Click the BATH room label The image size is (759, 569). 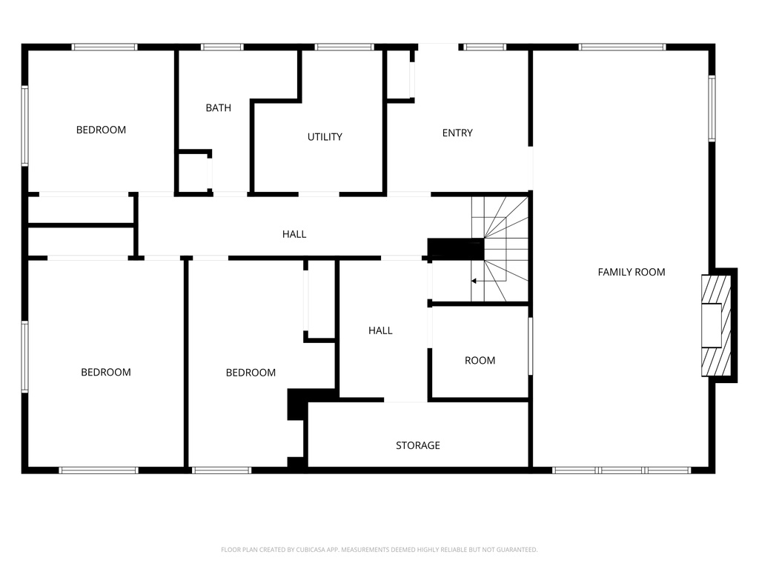coord(218,108)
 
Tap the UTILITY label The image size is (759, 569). coord(325,137)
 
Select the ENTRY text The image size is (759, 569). coord(457,133)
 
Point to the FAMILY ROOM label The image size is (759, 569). coord(632,272)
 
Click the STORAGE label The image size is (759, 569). coord(417,445)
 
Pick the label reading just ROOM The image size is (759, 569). coord(480,361)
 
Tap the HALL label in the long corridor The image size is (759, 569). coord(294,234)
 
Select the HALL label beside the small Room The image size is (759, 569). coord(380,331)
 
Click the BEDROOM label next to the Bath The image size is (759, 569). coord(101,130)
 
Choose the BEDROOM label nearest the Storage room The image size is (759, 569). coord(251,373)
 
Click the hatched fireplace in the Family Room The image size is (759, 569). coord(717,325)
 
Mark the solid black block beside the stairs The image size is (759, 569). coord(455,249)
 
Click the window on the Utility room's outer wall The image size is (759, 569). coord(344,47)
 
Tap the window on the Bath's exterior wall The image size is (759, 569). coord(222,47)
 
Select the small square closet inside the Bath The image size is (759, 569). coord(193,173)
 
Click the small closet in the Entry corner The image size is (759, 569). coord(400,74)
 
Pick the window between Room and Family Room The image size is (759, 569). coord(530,346)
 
